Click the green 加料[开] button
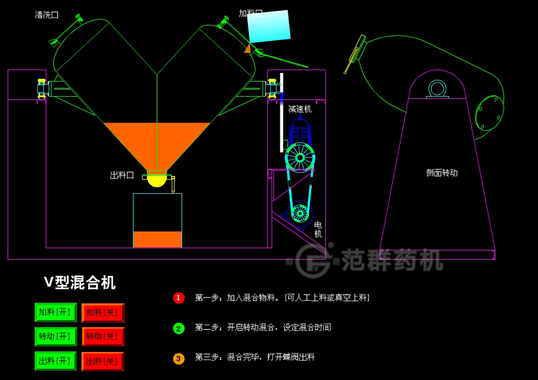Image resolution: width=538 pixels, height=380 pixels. tap(55, 313)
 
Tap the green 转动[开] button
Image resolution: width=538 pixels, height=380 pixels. tap(55, 337)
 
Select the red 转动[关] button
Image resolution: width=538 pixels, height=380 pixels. tap(103, 337)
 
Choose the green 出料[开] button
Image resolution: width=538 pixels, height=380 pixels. tap(55, 361)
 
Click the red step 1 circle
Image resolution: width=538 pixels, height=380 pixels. tap(179, 298)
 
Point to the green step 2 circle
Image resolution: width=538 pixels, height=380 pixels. tap(179, 328)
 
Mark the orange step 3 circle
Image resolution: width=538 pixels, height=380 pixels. tap(179, 358)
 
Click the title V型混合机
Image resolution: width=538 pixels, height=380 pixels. tap(79, 282)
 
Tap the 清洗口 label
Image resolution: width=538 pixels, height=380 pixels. tap(46, 15)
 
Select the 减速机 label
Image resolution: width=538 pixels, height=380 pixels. tap(300, 109)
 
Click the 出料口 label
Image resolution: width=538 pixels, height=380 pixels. tap(122, 175)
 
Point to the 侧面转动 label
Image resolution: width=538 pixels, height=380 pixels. tap(441, 173)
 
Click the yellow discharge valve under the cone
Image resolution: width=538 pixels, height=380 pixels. tap(157, 180)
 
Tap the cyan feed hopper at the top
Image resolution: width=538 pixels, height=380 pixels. tap(269, 26)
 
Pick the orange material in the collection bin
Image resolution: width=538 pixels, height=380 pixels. tap(157, 239)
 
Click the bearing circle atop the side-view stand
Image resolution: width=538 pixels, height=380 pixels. tap(437, 88)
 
